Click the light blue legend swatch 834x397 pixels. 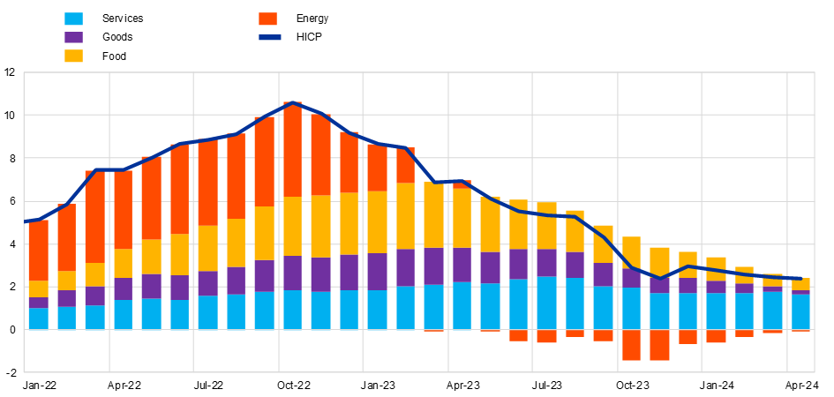[x=73, y=19]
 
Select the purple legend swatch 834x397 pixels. [x=73, y=37]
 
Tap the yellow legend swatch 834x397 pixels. [x=73, y=56]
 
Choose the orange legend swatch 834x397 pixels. [x=267, y=19]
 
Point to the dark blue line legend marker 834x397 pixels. [x=269, y=37]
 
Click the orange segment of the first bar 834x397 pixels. [x=38, y=251]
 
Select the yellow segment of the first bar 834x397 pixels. [x=38, y=289]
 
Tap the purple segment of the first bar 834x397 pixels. [x=38, y=303]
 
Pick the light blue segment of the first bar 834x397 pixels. [x=38, y=318]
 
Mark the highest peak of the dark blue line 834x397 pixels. [x=292, y=103]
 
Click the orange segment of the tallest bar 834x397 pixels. [x=292, y=149]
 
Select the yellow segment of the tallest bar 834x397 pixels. [x=292, y=226]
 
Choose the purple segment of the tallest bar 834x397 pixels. [x=292, y=273]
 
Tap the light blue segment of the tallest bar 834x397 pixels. [x=292, y=310]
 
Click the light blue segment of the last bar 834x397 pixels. [x=800, y=311]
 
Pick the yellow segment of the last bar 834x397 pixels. [x=800, y=284]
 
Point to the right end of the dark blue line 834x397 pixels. [x=801, y=279]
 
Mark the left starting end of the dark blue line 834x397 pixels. [x=26, y=221]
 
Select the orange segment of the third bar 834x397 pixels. [x=94, y=216]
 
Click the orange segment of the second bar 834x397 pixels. [x=66, y=237]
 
